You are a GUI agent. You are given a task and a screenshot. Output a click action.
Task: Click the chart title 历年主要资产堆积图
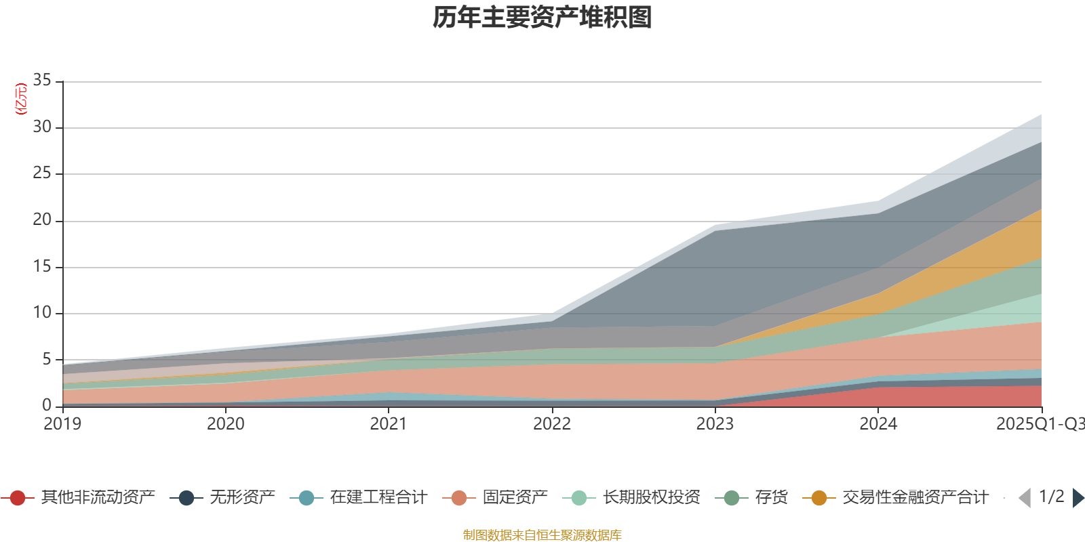click(x=542, y=18)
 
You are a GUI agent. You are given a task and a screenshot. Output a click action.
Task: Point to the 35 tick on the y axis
click(x=42, y=81)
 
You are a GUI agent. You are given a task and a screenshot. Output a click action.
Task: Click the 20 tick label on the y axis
click(x=42, y=220)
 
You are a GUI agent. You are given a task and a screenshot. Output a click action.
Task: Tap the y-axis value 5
click(x=47, y=359)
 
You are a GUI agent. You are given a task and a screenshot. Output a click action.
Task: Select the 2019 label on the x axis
click(x=62, y=424)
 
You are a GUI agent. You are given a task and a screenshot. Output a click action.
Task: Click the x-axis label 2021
click(x=389, y=424)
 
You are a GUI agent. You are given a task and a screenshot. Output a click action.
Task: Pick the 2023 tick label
click(x=715, y=424)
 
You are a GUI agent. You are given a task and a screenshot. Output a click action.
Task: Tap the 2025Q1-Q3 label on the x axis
click(x=1039, y=424)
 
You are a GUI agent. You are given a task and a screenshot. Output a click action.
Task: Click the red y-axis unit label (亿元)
click(x=21, y=99)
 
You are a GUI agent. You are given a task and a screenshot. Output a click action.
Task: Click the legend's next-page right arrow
click(x=1078, y=498)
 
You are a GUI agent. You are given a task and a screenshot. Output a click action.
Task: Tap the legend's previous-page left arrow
click(x=1025, y=498)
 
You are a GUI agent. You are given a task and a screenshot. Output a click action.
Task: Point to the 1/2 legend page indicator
click(x=1051, y=497)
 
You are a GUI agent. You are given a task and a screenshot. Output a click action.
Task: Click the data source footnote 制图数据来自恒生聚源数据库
click(x=542, y=535)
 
